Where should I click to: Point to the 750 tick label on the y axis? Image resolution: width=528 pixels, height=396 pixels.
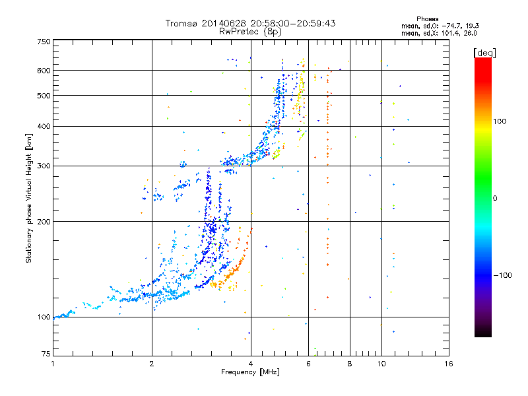pos(44,42)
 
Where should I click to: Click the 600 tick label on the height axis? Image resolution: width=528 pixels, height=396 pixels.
pos(44,71)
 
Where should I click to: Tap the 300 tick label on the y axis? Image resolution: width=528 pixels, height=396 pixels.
pos(44,166)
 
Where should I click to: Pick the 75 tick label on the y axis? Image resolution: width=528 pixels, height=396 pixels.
pos(46,354)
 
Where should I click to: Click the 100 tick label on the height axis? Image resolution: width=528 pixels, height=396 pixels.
pos(44,317)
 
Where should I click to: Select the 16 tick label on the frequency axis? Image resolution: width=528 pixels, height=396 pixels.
pos(449,364)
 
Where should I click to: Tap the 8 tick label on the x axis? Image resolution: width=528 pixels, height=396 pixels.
pos(350,364)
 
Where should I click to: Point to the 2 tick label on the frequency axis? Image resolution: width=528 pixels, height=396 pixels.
pos(152,364)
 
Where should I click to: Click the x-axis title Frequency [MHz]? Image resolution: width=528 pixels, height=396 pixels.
pos(250,372)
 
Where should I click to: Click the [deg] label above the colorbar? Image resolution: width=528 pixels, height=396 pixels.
pos(484,53)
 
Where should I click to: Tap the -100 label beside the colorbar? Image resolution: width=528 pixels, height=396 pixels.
pos(502,275)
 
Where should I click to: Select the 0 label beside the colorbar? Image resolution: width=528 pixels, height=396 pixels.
pos(495,198)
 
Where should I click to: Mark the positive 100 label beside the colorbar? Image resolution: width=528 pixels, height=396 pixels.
pos(500,121)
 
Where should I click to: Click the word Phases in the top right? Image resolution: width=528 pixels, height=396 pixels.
pos(427,19)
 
